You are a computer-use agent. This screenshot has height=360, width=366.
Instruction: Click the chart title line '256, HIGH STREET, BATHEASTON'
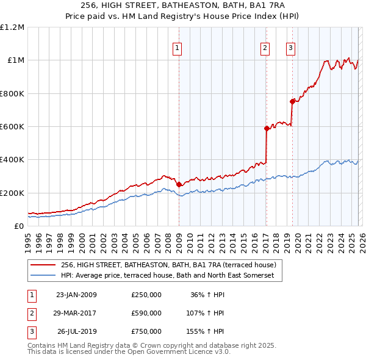pos(182,5)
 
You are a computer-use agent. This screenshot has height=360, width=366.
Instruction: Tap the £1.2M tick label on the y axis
pos(12,27)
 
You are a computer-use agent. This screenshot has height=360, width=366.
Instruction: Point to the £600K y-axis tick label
pos(12,127)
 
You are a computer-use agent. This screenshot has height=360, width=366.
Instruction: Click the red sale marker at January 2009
pos(179,184)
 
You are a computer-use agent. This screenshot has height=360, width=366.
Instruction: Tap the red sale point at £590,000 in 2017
pos(267,128)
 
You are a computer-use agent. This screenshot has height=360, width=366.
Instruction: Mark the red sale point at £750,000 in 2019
pos(292,102)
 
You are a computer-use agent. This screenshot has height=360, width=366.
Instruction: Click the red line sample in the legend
pos(43,265)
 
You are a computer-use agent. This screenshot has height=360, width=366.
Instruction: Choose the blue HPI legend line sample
pos(43,276)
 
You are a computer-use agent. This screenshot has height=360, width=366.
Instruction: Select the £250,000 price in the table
pos(146,295)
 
